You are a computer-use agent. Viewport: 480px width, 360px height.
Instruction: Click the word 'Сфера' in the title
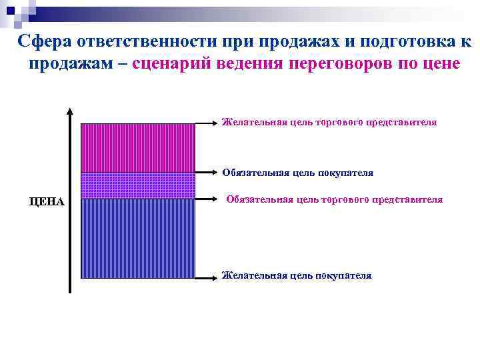point(44,41)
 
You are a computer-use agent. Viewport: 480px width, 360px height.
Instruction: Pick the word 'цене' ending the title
point(439,65)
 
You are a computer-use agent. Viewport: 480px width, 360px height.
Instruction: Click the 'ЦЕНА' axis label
point(47,202)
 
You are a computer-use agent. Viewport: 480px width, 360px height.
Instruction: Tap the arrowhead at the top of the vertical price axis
point(69,112)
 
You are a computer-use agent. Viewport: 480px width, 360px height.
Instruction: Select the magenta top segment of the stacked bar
point(138,148)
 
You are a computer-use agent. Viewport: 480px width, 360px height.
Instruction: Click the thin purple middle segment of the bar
point(138,185)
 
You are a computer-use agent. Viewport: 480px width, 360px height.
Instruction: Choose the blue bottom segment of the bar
point(138,238)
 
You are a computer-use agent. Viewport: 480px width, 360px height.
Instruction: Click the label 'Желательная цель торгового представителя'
point(329,123)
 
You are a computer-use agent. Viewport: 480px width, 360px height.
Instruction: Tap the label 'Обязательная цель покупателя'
point(298,173)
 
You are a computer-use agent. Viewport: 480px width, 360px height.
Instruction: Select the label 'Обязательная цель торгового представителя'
point(334,199)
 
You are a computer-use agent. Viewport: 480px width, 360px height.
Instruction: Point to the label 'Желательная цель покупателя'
point(297,275)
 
